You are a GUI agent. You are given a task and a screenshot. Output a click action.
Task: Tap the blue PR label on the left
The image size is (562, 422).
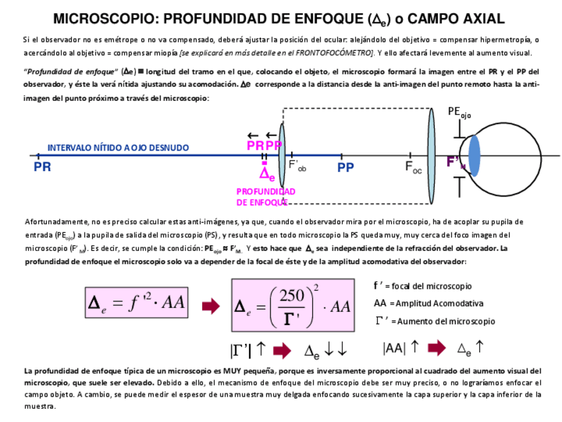[x=42, y=167]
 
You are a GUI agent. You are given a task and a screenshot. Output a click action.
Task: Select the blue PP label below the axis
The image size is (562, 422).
[x=345, y=167]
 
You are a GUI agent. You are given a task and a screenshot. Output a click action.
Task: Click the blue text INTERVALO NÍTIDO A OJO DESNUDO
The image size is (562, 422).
[x=118, y=148]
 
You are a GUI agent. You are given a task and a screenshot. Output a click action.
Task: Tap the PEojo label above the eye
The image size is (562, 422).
[x=459, y=112]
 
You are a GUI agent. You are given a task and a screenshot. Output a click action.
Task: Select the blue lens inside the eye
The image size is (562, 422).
[x=475, y=156]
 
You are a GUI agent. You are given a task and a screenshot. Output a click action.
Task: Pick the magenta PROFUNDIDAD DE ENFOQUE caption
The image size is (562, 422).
[x=266, y=197]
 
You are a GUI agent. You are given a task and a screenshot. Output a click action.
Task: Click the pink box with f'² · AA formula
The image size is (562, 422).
[x=137, y=303]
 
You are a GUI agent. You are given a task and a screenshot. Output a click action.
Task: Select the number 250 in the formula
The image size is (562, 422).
[x=291, y=296]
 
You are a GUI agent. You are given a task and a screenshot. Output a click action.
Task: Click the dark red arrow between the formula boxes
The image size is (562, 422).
[x=210, y=305]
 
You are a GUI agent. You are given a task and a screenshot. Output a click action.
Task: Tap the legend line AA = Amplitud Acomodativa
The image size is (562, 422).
[x=428, y=303]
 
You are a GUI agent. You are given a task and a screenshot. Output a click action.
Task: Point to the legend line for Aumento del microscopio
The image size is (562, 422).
[x=435, y=321]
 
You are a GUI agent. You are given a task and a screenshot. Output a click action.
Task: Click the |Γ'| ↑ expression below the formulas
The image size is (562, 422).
[x=248, y=349]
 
